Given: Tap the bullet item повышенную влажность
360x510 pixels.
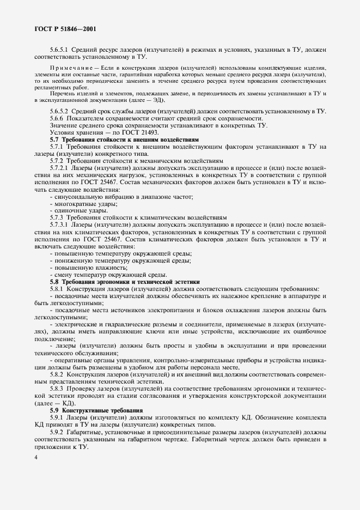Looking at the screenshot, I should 80,268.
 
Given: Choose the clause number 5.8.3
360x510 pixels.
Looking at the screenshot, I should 58,388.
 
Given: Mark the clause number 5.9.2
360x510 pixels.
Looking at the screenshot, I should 58,430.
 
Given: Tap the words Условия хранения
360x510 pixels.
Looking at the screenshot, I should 73,132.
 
